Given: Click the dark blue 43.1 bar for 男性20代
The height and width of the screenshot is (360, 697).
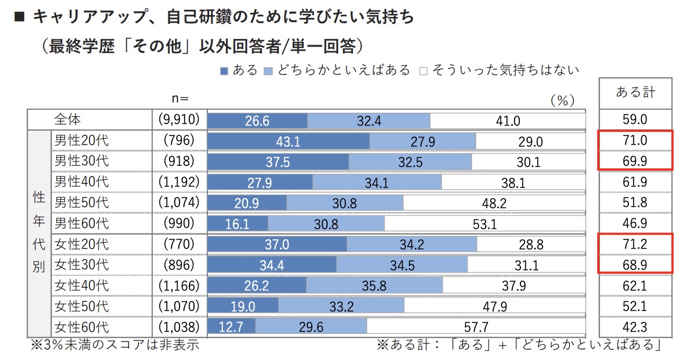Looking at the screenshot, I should (289, 141).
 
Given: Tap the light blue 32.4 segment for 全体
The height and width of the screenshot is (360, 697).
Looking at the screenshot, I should (369, 121).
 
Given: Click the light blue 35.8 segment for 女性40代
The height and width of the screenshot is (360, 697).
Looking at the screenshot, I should (374, 286).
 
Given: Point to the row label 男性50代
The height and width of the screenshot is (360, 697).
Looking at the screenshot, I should (81, 203).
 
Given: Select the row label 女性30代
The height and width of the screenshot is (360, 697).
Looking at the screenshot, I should (81, 265).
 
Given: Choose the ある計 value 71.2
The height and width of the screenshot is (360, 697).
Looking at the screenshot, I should (635, 244).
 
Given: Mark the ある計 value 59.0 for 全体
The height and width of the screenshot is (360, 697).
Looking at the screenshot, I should (635, 120).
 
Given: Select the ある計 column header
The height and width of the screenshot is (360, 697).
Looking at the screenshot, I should (635, 92).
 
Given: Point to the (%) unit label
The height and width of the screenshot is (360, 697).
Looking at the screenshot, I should (562, 100).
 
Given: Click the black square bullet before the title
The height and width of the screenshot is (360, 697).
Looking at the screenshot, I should (19, 17).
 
